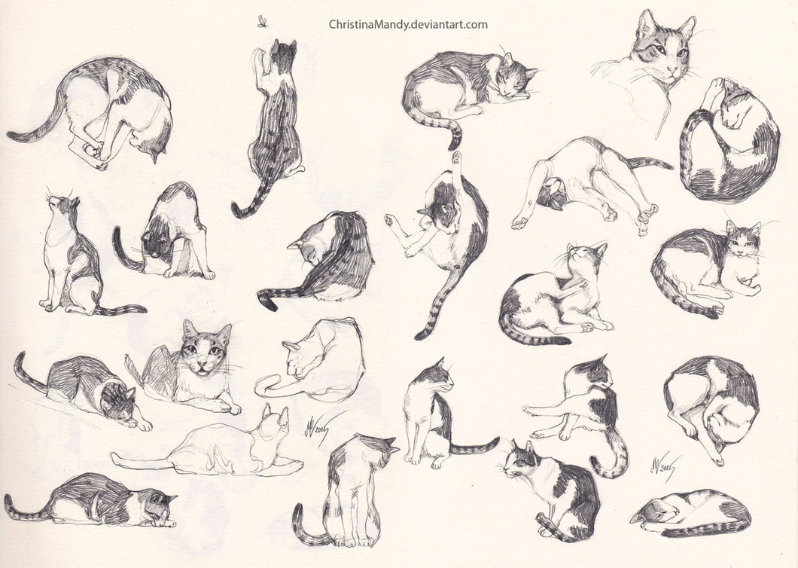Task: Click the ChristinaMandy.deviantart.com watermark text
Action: coord(408,24)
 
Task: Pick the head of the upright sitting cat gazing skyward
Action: coord(62,205)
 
